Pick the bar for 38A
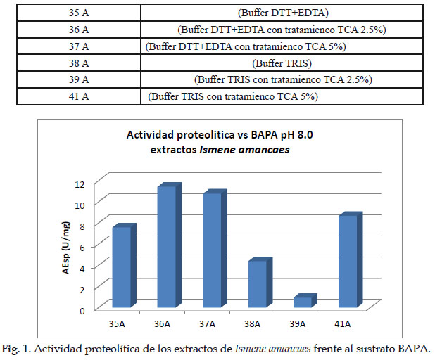[256, 283]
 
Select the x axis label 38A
[253, 324]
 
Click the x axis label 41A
[343, 324]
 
